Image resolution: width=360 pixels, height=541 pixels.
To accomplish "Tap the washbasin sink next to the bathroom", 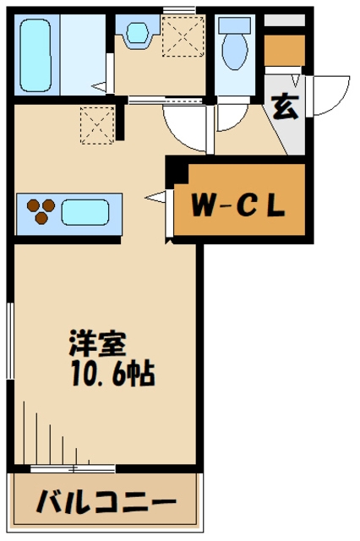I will tap(135, 33).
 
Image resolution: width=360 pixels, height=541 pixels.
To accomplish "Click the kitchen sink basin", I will tap(85, 211).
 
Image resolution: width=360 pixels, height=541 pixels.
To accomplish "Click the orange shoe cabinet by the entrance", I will tap(283, 52).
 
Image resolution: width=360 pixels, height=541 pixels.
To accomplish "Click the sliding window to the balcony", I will tap(73, 467).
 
